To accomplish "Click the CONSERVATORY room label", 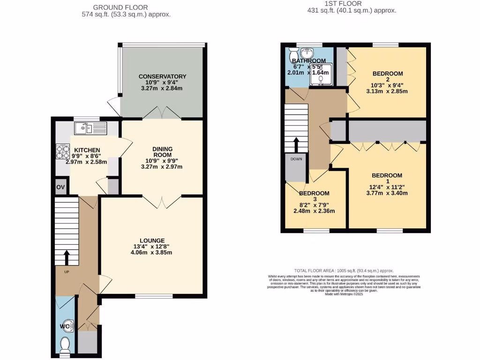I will pos(162,76).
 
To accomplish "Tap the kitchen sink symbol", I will pos(91,127).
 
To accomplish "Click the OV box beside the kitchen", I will pos(60,187).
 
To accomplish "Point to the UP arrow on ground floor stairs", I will pos(66,257).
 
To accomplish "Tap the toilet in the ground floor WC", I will pos(65,345).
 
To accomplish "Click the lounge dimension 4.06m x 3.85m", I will pos(152,252).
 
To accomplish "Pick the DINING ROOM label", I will pos(162,152).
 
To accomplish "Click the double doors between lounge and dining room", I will pos(162,202).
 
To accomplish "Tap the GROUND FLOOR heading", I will pos(120,7).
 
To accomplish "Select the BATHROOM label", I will pos(308,61).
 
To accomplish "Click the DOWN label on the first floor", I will pos(296,159).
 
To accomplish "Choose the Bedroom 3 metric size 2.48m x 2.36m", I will pos(314,211).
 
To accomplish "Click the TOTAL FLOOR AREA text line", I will pos(344,270).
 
